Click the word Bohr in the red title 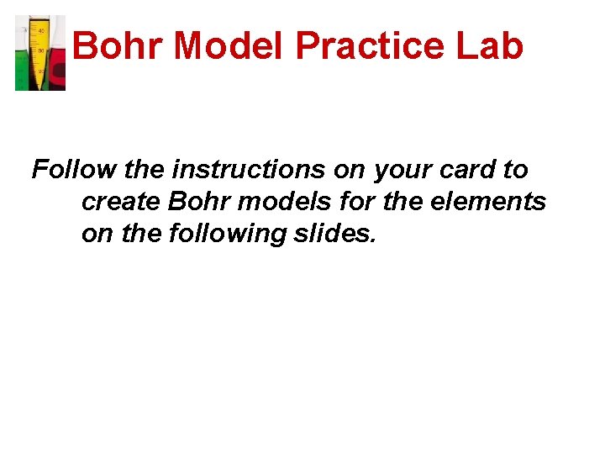[118, 46]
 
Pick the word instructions [250, 170]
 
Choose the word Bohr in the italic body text [197, 202]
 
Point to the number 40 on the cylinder [39, 30]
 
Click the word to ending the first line [515, 170]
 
